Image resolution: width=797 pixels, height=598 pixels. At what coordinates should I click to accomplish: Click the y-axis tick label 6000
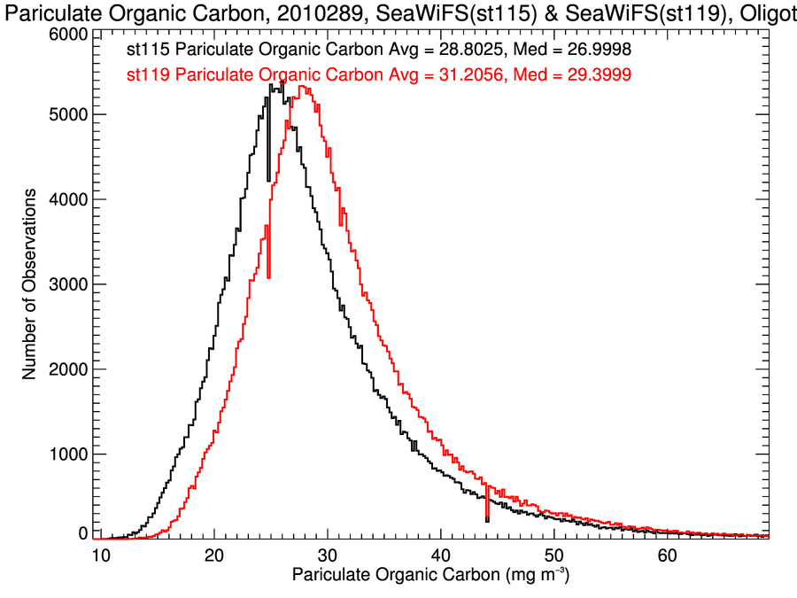click(67, 33)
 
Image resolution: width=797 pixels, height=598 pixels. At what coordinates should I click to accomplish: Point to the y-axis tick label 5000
click(67, 114)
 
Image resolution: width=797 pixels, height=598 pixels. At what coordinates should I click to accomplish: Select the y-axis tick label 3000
click(67, 284)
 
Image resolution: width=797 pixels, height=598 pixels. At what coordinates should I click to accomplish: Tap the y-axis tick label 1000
click(67, 454)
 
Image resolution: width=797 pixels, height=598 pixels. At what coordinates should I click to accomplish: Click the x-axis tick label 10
click(100, 555)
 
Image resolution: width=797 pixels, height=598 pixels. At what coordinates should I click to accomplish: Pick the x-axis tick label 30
click(328, 555)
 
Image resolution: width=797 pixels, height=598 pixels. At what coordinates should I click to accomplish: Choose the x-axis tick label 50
click(554, 555)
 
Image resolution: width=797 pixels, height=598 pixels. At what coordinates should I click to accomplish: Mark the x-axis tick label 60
click(668, 555)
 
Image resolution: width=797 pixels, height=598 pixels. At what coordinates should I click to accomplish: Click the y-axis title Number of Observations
click(30, 284)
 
